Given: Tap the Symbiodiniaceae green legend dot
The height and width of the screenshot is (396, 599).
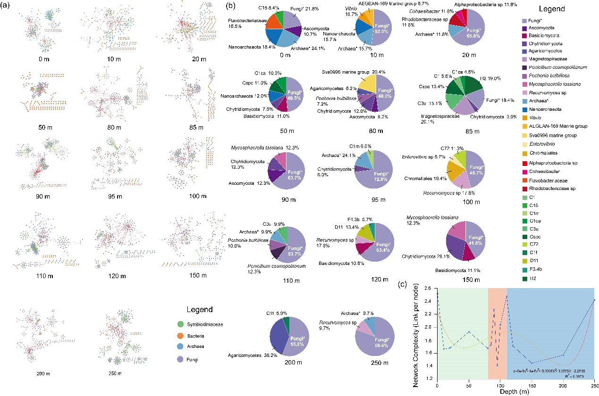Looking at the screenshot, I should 175,325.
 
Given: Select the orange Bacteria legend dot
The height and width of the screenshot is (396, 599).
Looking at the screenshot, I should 175,337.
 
